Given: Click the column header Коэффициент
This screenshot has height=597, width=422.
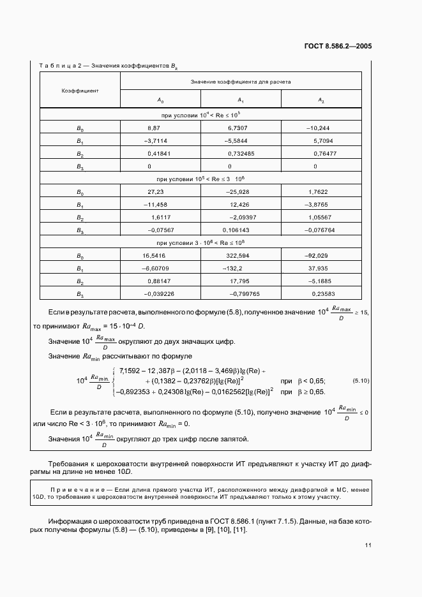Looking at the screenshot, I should click(x=79, y=91).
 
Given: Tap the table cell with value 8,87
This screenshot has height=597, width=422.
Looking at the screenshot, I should click(x=153, y=128).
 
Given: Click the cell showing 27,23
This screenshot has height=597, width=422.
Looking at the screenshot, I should click(x=156, y=192).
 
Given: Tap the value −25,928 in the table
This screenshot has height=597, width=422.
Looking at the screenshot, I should click(x=237, y=192).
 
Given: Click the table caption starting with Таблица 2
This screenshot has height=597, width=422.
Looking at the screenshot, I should click(x=108, y=65).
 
